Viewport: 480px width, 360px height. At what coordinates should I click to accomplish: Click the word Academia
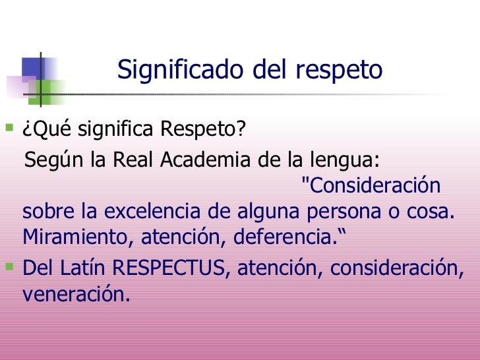point(208,162)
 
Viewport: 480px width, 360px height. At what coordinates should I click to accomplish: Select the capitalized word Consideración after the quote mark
point(374,186)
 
